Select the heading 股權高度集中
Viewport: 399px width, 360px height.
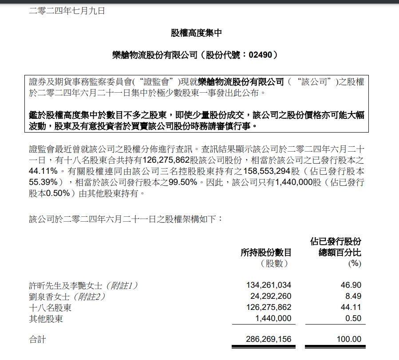(x=196, y=33)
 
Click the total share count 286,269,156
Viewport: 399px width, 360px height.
(x=269, y=340)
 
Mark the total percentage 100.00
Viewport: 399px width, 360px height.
(x=350, y=340)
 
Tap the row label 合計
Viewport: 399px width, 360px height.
(x=37, y=340)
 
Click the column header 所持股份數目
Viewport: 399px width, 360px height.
(x=266, y=253)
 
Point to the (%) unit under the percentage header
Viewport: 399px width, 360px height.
(x=355, y=264)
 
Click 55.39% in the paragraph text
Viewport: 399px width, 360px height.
(x=44, y=182)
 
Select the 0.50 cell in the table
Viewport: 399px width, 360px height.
(x=355, y=318)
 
